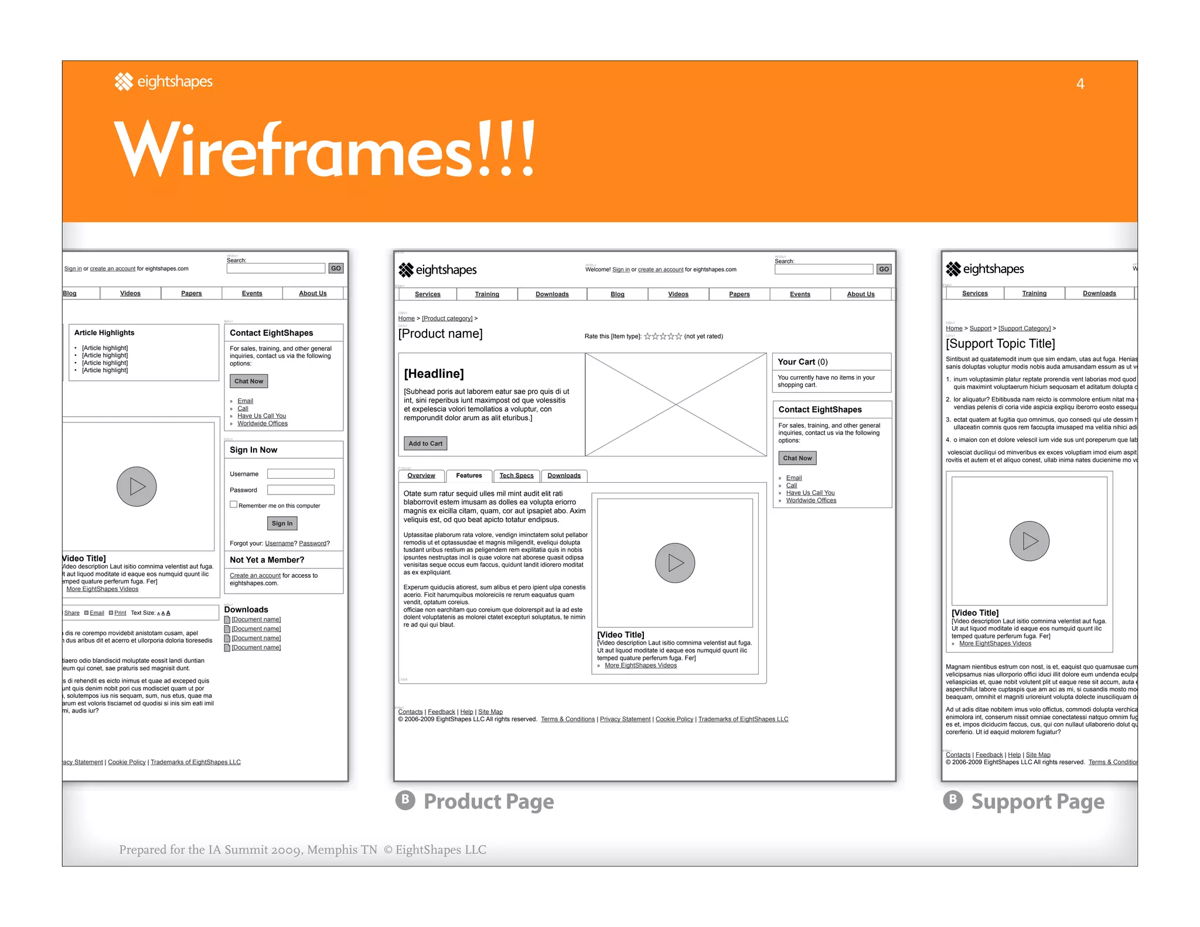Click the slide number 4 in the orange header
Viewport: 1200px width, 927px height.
click(x=1080, y=84)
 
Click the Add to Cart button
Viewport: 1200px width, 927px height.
click(x=425, y=444)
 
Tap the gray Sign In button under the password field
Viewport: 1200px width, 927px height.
click(x=282, y=523)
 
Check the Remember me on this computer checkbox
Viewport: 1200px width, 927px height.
click(x=234, y=505)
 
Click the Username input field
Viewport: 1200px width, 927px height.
click(x=301, y=473)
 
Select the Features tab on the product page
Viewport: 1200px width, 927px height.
click(x=469, y=476)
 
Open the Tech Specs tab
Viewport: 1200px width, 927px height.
click(x=516, y=476)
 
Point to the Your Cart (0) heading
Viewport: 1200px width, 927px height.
click(x=802, y=362)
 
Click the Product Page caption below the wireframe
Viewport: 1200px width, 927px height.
click(x=488, y=801)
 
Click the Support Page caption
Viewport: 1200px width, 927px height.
click(x=1037, y=801)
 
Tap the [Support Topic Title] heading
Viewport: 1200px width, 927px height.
click(x=1000, y=343)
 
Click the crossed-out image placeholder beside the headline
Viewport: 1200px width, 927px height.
click(x=676, y=404)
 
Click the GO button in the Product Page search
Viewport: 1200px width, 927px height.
click(x=884, y=270)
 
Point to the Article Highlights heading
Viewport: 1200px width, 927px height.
click(x=104, y=333)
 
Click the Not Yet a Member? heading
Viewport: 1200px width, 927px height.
click(x=267, y=560)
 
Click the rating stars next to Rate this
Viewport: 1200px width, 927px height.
click(x=663, y=336)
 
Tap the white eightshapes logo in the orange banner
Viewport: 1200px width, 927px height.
click(x=163, y=81)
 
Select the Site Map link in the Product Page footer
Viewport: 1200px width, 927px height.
click(x=490, y=712)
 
